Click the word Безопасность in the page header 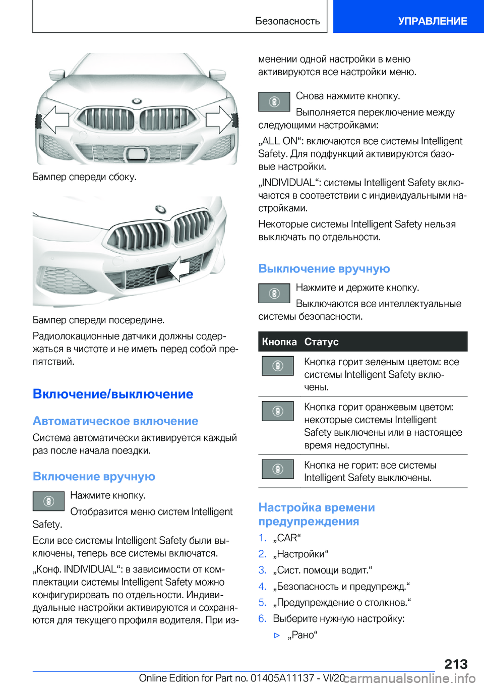287,21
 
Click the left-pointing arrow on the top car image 55,120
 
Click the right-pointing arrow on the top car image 219,120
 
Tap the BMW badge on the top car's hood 137,101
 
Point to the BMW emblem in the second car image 160,209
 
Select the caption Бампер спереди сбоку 84,177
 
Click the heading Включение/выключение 113,394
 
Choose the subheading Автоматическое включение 115,421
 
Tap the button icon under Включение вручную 48,501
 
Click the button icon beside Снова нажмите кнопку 274,101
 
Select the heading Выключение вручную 324,268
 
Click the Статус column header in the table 321,341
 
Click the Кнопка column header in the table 279,341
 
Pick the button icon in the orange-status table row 277,411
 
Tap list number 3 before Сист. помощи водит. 262,570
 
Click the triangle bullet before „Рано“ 277,635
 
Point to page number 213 456,664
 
